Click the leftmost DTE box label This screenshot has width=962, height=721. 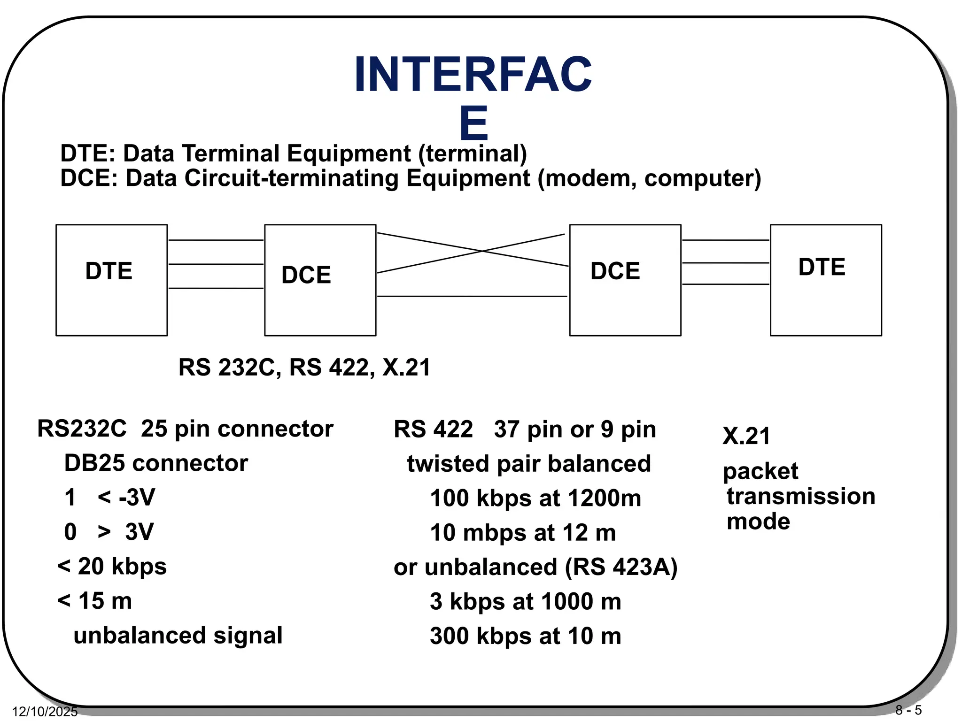pyautogui.click(x=109, y=271)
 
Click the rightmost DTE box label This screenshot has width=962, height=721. pyautogui.click(x=822, y=267)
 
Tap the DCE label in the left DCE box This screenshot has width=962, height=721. pyautogui.click(x=306, y=275)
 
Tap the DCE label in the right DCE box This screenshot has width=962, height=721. pyautogui.click(x=615, y=271)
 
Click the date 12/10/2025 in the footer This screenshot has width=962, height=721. pyautogui.click(x=45, y=712)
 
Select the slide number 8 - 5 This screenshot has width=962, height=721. pyautogui.click(x=908, y=710)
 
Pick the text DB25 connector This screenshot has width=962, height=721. pyautogui.click(x=156, y=463)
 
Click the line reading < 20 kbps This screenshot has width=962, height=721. pyautogui.click(x=112, y=566)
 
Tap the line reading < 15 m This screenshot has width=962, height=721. pyautogui.click(x=94, y=601)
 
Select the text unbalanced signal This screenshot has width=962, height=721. pyautogui.click(x=178, y=636)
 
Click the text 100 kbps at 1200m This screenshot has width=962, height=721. pyautogui.click(x=535, y=498)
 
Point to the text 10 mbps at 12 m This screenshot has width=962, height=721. pyautogui.click(x=523, y=533)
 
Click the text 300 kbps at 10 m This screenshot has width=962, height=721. pyautogui.click(x=526, y=636)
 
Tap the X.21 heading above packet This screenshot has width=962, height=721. pyautogui.click(x=746, y=436)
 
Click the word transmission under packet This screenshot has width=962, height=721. pyautogui.click(x=801, y=497)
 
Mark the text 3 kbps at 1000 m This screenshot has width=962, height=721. pyautogui.click(x=526, y=602)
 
